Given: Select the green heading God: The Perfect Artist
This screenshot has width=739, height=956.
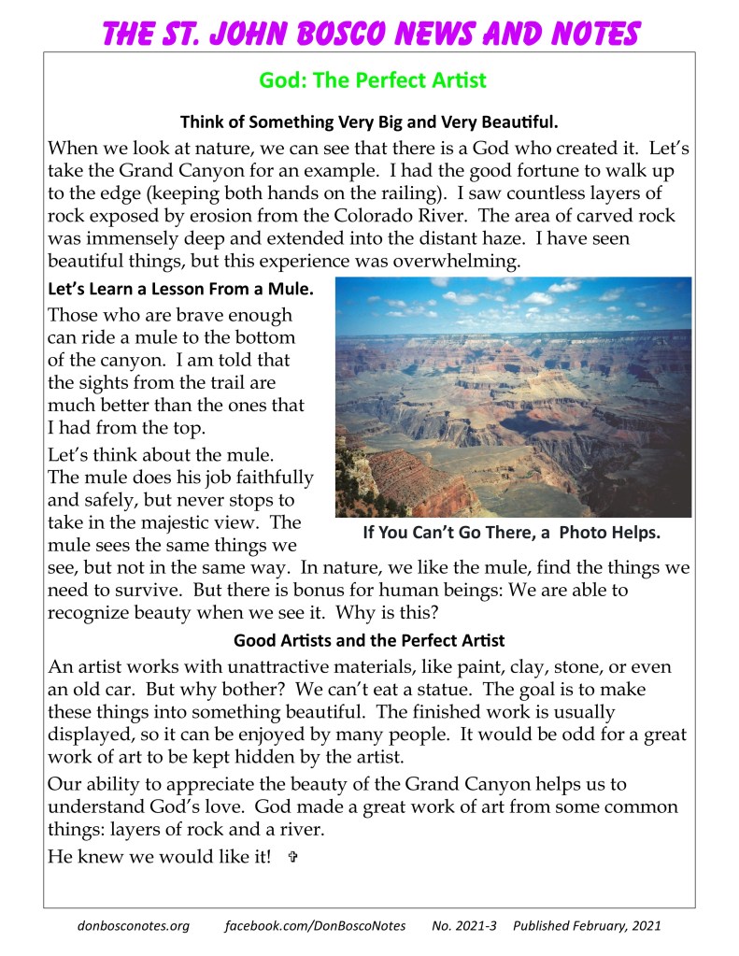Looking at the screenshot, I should tap(372, 80).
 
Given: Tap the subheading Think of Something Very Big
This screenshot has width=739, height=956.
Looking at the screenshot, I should tap(369, 121).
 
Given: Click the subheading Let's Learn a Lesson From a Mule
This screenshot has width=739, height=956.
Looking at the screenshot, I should tap(180, 290).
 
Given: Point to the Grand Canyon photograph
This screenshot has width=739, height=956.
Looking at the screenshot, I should tap(513, 397).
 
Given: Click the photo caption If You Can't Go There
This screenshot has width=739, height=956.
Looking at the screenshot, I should tap(512, 534).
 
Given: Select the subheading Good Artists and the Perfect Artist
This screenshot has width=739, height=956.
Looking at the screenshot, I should tap(369, 641).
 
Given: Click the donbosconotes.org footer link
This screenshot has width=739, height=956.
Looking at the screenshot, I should tap(133, 926).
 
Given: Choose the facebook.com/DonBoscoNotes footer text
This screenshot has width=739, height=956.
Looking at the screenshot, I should tap(316, 926).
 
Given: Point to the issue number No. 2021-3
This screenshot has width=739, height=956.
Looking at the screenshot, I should tap(463, 926).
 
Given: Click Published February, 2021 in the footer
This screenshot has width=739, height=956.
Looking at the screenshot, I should tap(587, 926).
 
